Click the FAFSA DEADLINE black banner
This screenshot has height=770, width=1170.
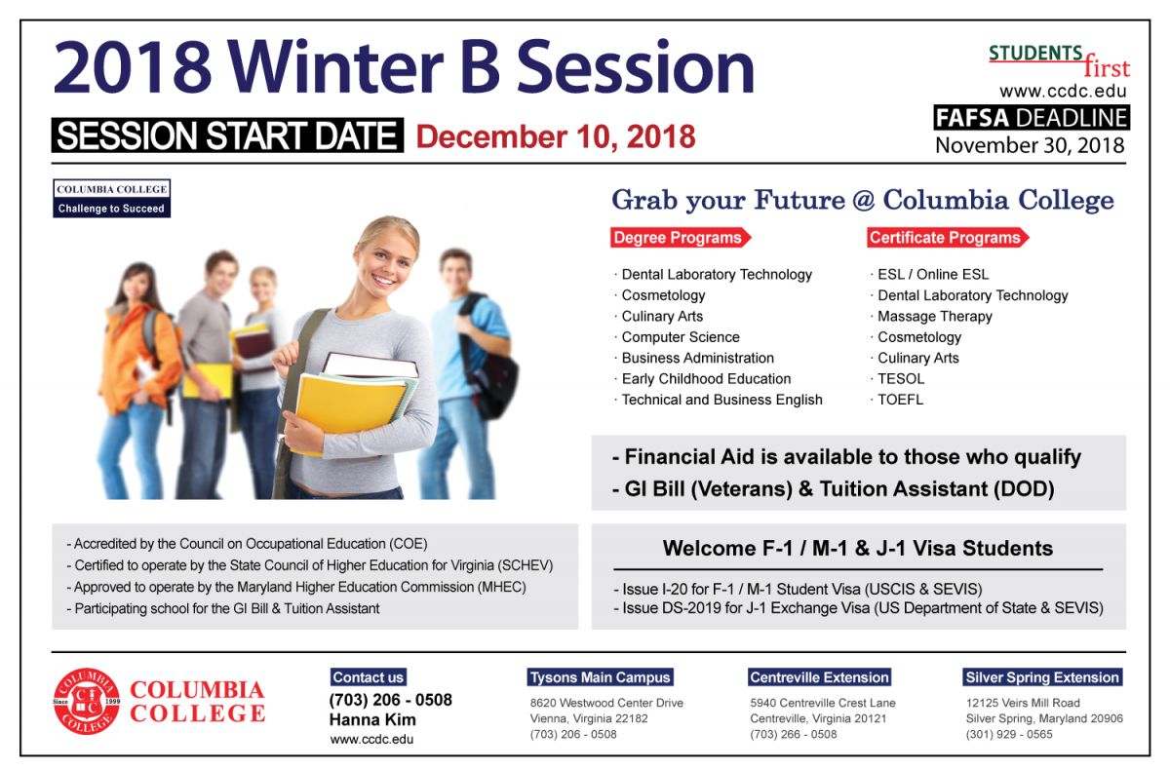coord(1032,118)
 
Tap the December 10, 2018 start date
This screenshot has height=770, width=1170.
coord(555,136)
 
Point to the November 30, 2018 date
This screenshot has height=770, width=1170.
coord(1030,145)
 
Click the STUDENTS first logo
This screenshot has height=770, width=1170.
coord(1059,61)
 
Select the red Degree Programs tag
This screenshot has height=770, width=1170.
coord(681,238)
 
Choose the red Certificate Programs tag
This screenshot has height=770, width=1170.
coord(948,238)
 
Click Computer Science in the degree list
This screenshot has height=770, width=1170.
coord(681,337)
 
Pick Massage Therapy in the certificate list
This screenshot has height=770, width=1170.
coord(934,317)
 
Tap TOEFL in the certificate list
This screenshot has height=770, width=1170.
coord(900,400)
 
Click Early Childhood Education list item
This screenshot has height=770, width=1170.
coord(706,379)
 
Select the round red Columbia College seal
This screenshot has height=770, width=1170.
coord(87,701)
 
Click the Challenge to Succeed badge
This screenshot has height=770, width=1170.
coord(111,199)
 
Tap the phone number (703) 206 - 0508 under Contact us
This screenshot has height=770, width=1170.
coord(390,700)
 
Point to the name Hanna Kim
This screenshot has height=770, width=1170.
coord(372,720)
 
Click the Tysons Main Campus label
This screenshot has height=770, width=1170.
coord(600,677)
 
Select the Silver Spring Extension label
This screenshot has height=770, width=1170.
coord(1042,677)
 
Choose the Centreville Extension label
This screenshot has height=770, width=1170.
coord(819,677)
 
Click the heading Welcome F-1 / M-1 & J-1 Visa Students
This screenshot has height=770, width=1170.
coord(858,549)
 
